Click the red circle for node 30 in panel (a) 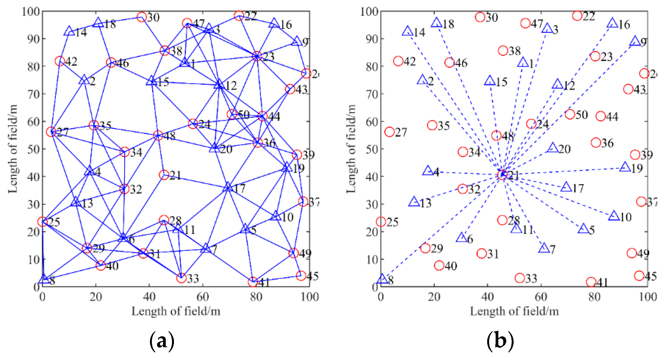tap(141, 17)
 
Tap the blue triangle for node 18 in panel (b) tap(437, 23)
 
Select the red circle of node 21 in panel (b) tap(502, 175)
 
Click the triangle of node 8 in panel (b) tap(383, 279)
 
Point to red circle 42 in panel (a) tap(60, 61)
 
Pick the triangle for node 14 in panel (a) tap(69, 31)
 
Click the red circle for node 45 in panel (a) tap(300, 276)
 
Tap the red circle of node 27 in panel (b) tap(389, 132)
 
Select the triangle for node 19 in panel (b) tap(625, 167)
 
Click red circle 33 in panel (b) tap(520, 278)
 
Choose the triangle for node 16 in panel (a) tap(274, 23)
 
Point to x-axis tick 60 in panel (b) tap(541, 297)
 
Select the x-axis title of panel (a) tap(176, 311)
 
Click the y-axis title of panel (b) tap(351, 149)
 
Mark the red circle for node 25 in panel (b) tap(381, 222)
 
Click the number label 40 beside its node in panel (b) tap(451, 266)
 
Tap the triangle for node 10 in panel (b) tap(614, 216)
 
